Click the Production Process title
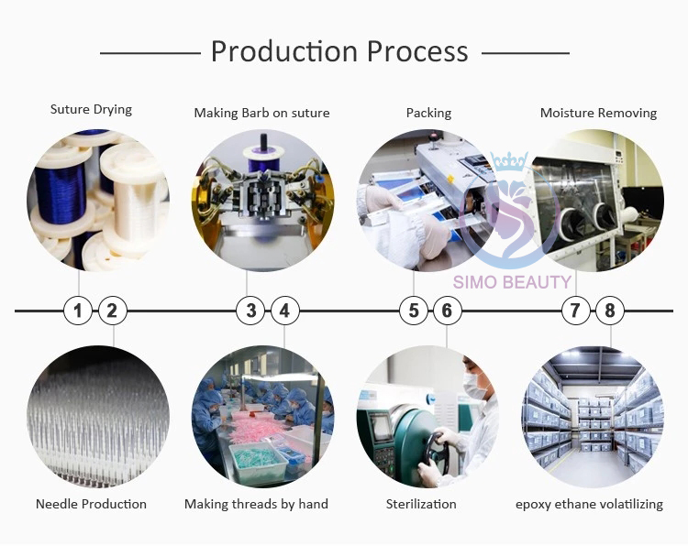pos(339,51)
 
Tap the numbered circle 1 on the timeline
pos(78,311)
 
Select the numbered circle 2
pos(112,311)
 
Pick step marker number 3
pos(251,311)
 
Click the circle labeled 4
pos(284,311)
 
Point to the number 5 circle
pos(414,311)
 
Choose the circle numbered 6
pos(447,311)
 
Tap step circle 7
pos(575,311)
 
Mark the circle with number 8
pos(610,311)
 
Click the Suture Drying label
pos(91,110)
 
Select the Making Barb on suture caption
pos(261,114)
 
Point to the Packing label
pos(428,114)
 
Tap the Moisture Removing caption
pos(598,114)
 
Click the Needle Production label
pos(91,504)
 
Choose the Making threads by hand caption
pos(256,504)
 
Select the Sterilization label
pos(421,504)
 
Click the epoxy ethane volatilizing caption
pos(589,504)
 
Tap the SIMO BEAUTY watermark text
pos(512,282)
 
